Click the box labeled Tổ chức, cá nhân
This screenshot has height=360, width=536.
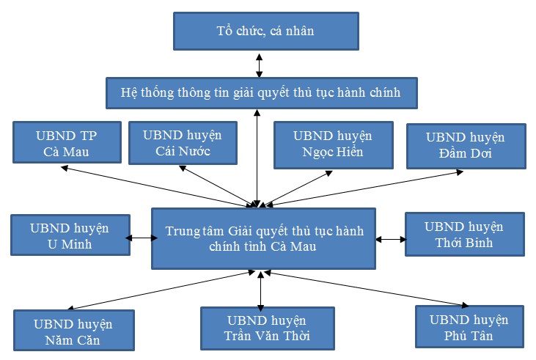(x=265, y=32)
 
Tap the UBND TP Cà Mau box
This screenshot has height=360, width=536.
(x=66, y=142)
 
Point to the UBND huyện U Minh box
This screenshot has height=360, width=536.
(x=70, y=235)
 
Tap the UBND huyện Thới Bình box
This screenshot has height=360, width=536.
(x=464, y=234)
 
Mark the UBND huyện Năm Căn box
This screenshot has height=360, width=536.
(x=73, y=331)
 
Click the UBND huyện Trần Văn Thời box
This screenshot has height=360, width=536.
(x=267, y=328)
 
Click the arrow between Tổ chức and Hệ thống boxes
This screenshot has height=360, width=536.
(x=258, y=65)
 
